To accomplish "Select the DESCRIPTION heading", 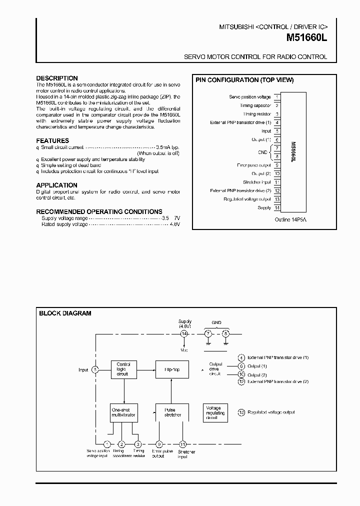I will pyautogui.click(x=57, y=78).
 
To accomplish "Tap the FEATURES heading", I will pyautogui.click(x=52, y=141).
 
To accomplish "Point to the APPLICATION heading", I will pyautogui.click(x=56, y=185).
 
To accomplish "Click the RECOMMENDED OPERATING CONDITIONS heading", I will pyautogui.click(x=99, y=211).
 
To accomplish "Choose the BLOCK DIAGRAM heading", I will pyautogui.click(x=65, y=313).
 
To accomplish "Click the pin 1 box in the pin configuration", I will pyautogui.click(x=277, y=97).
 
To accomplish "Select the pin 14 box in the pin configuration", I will pyautogui.click(x=277, y=207).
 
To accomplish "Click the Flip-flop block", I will pyautogui.click(x=168, y=369).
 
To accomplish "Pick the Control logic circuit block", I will pyautogui.click(x=123, y=369).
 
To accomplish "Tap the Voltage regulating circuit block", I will pyautogui.click(x=215, y=412).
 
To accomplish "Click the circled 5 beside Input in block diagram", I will pyautogui.click(x=95, y=369).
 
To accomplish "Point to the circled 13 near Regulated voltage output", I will pyautogui.click(x=241, y=412).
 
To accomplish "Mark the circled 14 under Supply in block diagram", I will pyautogui.click(x=184, y=333).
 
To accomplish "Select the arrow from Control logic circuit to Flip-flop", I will pyautogui.click(x=145, y=369).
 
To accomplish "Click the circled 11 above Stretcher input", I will pyautogui.click(x=183, y=443).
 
